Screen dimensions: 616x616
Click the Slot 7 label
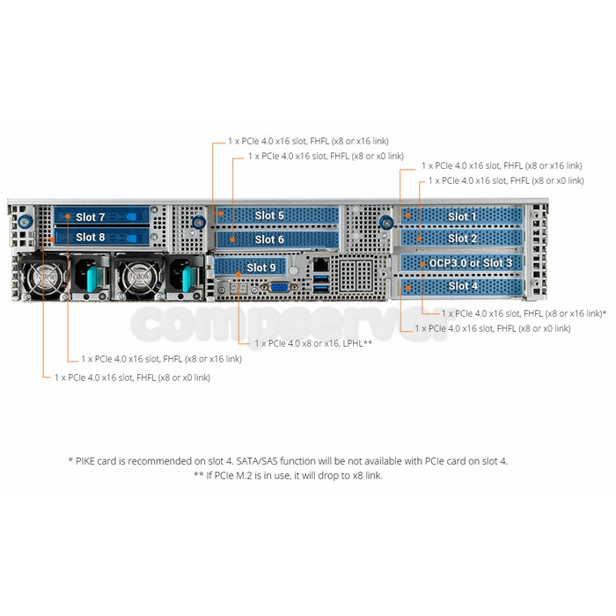[x=91, y=217]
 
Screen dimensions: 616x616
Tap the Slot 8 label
[x=91, y=238]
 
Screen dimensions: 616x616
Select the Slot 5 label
[x=269, y=216]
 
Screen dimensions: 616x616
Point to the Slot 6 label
[x=269, y=239]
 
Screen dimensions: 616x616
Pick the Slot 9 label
[x=261, y=268]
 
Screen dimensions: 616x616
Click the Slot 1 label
[x=462, y=216]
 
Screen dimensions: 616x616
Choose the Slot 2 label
[x=462, y=238]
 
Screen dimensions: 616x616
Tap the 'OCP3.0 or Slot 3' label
[x=471, y=263]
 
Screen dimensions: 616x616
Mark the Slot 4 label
[x=463, y=286]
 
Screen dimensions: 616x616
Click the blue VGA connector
[x=279, y=288]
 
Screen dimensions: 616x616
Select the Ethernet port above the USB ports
[x=321, y=264]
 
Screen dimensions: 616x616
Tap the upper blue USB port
[x=321, y=279]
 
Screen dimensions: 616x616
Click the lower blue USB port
[x=321, y=290]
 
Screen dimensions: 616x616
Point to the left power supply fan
[x=44, y=277]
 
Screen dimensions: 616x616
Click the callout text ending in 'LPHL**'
[x=313, y=344]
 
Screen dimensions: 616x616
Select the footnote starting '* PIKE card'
[x=288, y=461]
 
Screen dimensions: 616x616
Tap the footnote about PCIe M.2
[x=288, y=475]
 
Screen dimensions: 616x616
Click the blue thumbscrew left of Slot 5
[x=199, y=223]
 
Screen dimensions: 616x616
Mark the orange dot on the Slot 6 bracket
[x=232, y=239]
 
